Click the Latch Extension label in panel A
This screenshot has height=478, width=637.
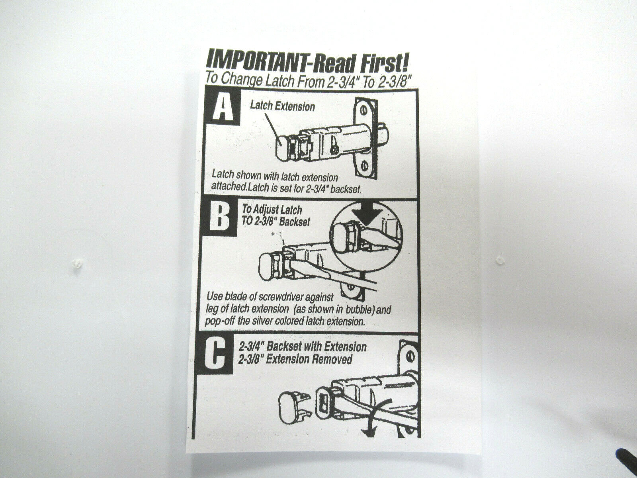coord(282,106)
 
